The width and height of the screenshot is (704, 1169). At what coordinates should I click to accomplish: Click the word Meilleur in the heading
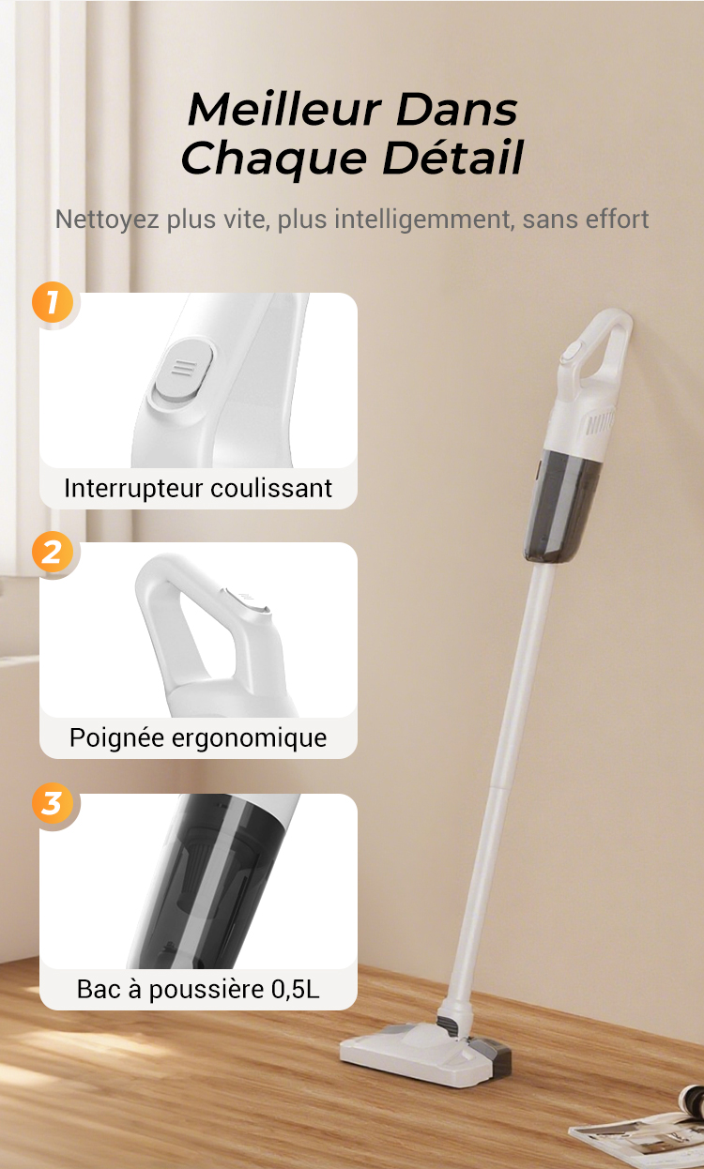[x=284, y=109]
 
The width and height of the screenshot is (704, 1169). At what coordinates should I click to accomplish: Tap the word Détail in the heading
[x=452, y=157]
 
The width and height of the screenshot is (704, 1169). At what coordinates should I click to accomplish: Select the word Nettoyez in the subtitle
[x=107, y=220]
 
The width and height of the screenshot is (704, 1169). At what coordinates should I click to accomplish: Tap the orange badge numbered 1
[x=53, y=302]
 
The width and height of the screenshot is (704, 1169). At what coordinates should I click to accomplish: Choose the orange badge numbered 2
[x=53, y=552]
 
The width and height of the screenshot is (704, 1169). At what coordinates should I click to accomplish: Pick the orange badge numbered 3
[x=53, y=803]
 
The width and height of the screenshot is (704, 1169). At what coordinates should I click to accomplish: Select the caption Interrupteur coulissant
[x=198, y=489]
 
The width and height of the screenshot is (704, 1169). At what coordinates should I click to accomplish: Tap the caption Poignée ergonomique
[x=198, y=738]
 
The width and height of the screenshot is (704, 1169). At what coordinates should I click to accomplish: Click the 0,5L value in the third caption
[x=295, y=989]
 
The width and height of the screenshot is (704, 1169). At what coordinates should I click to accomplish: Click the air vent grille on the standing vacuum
[x=600, y=423]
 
